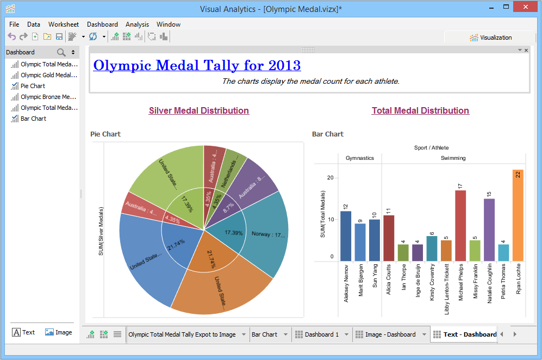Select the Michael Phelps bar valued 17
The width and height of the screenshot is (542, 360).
point(460,226)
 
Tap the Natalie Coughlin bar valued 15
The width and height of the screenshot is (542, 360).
point(489,229)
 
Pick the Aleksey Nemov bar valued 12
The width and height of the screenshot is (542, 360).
point(346,236)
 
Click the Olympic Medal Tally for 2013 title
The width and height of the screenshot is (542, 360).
point(197,65)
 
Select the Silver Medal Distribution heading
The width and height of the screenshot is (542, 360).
point(199,110)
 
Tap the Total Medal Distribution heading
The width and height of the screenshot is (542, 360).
point(420,110)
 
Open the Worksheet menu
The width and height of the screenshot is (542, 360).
point(64,24)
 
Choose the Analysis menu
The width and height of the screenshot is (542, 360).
point(137,24)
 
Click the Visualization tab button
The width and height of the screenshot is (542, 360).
point(491,38)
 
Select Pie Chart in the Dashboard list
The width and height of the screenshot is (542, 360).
point(33,86)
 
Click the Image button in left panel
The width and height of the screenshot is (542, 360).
point(59,332)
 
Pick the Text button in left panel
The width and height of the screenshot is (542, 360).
point(23,332)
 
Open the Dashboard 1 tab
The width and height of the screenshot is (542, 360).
point(321,334)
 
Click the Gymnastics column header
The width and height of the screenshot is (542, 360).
point(360,158)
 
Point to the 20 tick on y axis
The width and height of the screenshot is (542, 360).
point(330,178)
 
